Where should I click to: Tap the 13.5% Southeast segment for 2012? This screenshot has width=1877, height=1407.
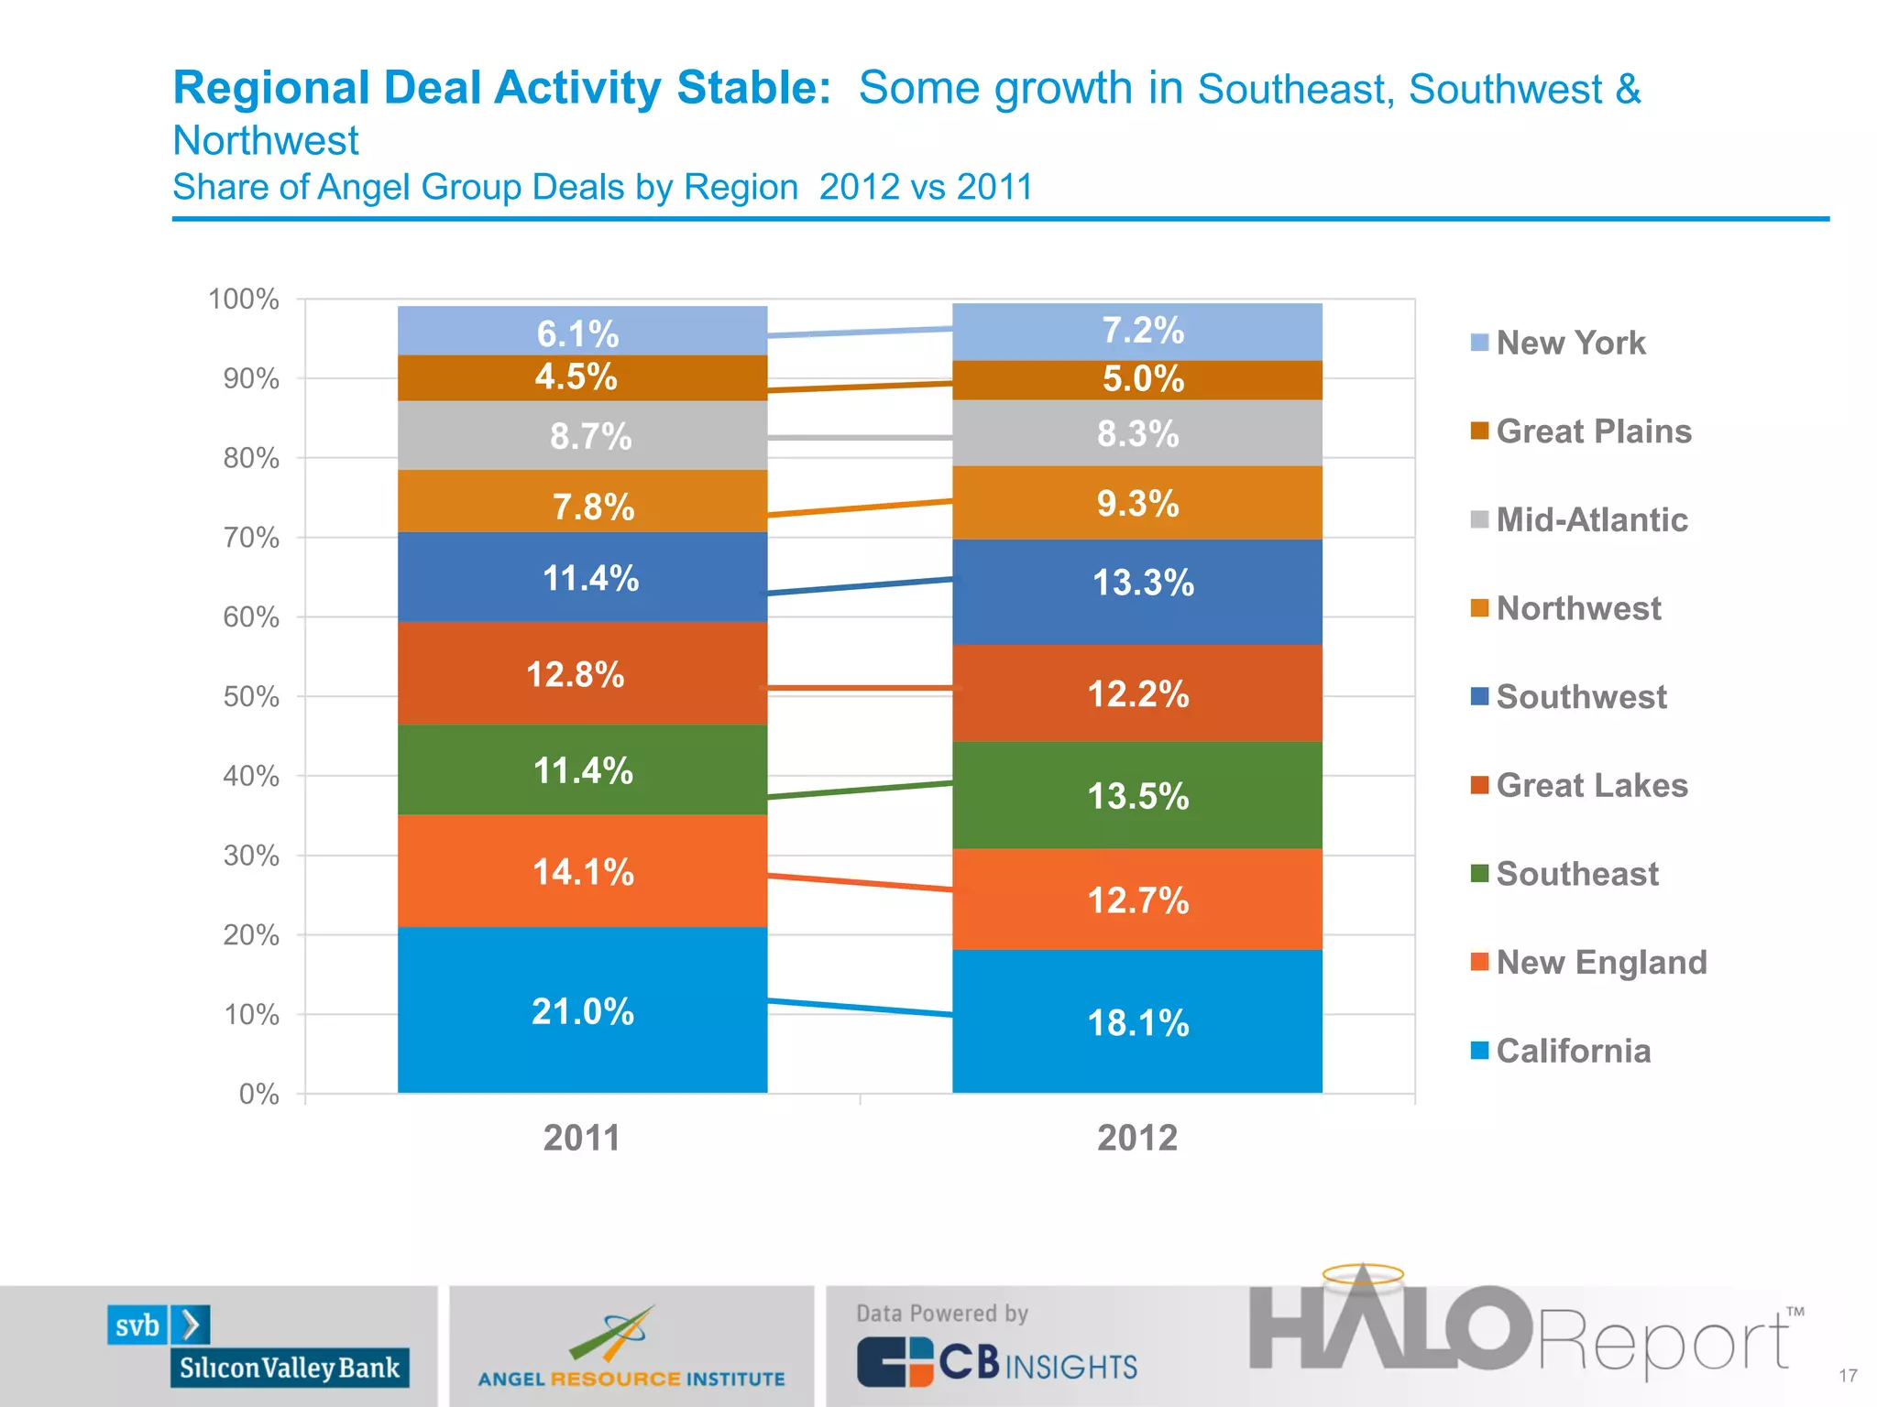coord(1137,795)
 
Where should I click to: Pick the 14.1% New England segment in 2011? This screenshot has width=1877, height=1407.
coord(582,871)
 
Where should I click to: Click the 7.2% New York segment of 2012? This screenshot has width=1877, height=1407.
coord(1137,331)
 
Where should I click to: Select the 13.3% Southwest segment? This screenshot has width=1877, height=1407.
coord(1137,584)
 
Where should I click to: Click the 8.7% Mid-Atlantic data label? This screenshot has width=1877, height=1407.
coord(590,437)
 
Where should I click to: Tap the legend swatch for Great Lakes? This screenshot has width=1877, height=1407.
coord(1478,786)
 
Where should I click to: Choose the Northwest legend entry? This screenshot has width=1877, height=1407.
coord(1577,608)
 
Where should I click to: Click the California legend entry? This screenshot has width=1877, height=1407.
coord(1573,1051)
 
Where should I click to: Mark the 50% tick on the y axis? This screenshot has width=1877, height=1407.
coord(251,697)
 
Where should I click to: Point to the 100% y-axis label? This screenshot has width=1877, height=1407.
coord(243,300)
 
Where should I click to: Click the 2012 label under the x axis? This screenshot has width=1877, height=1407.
coord(1137,1138)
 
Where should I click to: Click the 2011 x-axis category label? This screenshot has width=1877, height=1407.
coord(582,1138)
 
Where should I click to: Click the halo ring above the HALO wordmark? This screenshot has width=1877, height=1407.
coord(1363,1274)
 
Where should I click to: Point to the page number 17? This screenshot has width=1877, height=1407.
coord(1848,1376)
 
